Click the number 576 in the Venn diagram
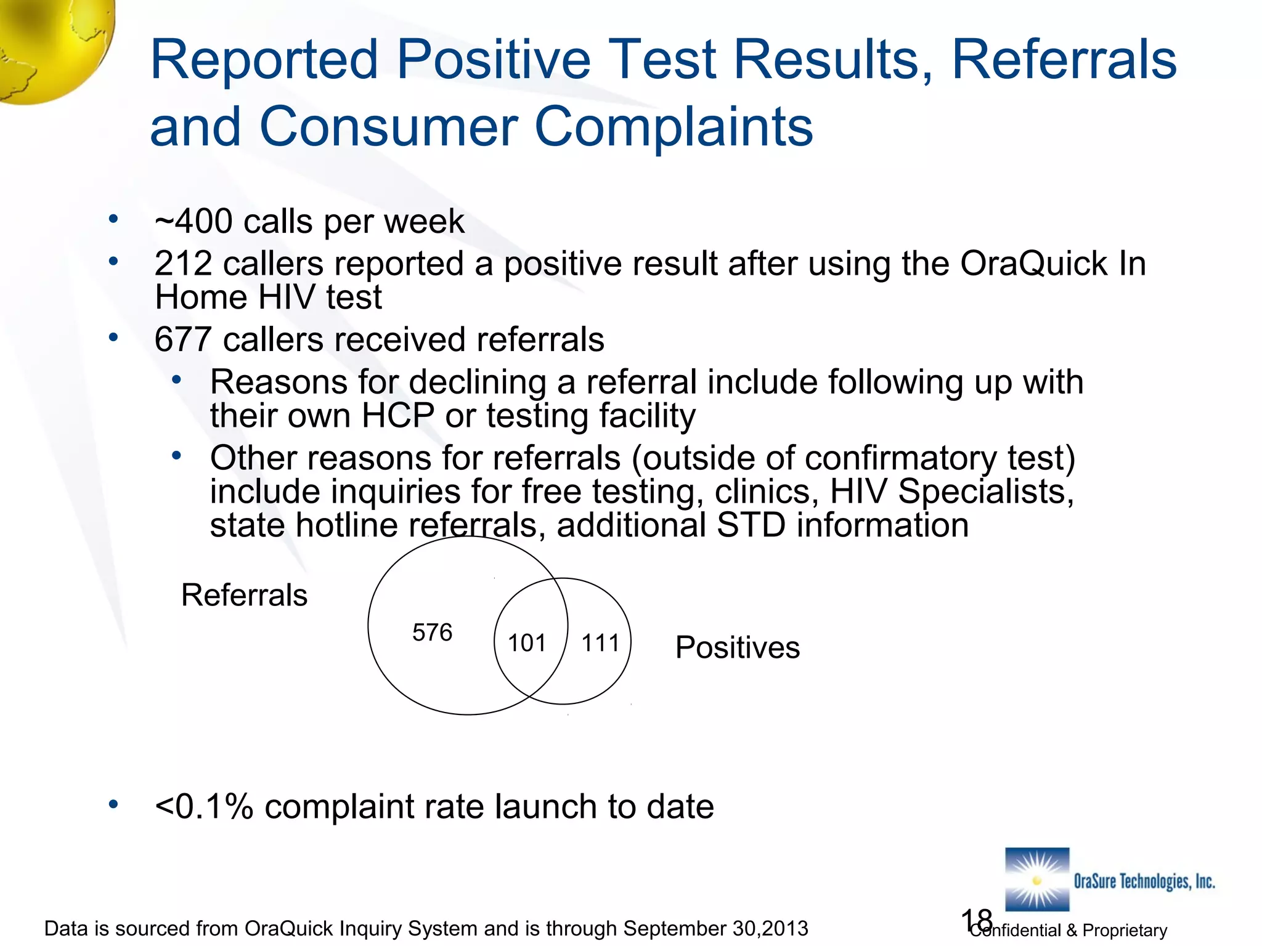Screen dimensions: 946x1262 coord(432,633)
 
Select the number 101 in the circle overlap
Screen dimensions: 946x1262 coord(527,643)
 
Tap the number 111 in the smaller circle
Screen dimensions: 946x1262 coord(600,643)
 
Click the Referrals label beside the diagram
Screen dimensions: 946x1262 coord(244,595)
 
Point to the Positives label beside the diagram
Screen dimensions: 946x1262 coord(737,647)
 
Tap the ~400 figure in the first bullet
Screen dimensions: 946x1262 coord(194,221)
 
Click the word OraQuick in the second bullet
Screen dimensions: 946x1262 coord(1033,264)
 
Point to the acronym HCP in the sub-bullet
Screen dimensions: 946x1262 coord(397,415)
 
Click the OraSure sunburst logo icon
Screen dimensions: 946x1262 coord(1037,879)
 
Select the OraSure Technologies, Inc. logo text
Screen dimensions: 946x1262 coord(1144,881)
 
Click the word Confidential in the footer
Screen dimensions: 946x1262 coord(1016,930)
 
